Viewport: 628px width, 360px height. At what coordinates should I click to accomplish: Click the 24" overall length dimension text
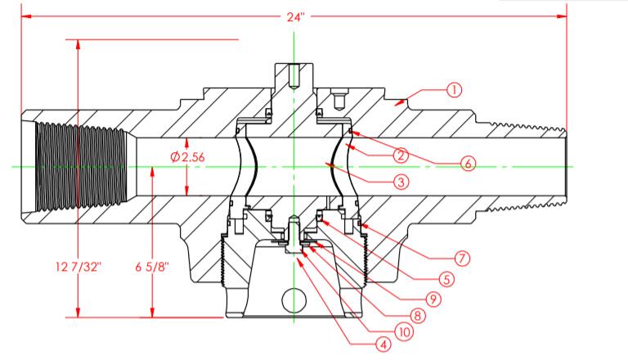(295, 17)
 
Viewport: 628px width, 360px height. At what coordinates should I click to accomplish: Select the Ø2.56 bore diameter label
(187, 157)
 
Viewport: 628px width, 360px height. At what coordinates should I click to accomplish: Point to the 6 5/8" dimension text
(152, 267)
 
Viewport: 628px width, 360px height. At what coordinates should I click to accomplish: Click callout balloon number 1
(454, 90)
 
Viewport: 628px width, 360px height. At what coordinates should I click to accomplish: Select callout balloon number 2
(401, 155)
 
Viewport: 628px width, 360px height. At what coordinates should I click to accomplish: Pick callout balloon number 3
(401, 182)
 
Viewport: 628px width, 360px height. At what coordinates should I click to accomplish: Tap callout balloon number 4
(384, 344)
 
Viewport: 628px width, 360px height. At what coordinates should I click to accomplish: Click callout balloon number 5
(447, 279)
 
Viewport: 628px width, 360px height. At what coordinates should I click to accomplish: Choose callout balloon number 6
(469, 163)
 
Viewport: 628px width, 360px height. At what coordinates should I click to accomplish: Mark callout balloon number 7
(462, 258)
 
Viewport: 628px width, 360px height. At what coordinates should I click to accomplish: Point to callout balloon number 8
(417, 316)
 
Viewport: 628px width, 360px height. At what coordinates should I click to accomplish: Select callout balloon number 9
(433, 299)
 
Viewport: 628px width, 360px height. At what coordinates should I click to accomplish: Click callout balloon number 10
(405, 332)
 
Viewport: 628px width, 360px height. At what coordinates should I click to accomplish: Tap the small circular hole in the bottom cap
(294, 300)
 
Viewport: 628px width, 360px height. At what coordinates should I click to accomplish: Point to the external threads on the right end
(526, 167)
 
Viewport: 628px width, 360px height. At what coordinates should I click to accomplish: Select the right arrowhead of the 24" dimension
(562, 16)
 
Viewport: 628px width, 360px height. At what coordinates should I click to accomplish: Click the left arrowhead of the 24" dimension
(26, 16)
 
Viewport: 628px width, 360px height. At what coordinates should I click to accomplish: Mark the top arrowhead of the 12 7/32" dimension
(78, 45)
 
